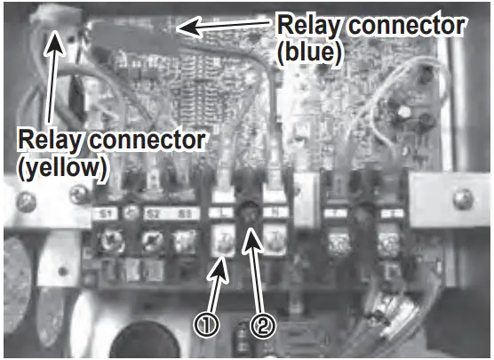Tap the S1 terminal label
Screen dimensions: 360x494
[104, 213]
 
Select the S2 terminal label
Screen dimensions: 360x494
[152, 213]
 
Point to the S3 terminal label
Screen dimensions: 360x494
[185, 213]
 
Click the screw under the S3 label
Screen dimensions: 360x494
[185, 240]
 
